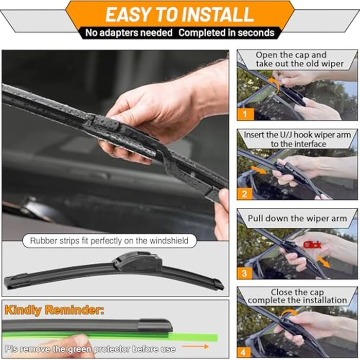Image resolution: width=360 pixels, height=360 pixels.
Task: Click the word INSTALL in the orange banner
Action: (x=218, y=14)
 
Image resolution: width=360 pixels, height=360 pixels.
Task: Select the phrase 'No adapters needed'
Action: (x=129, y=32)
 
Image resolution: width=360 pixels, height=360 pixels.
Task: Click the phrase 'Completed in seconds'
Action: (x=226, y=32)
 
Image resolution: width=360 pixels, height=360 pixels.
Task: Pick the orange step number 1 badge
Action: (x=245, y=114)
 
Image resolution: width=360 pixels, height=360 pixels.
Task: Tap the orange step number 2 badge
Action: (x=245, y=194)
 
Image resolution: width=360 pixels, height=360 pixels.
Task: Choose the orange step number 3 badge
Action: (x=245, y=273)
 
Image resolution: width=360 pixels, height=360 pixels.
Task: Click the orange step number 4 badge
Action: (x=244, y=352)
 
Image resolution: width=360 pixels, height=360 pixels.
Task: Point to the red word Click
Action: (x=312, y=245)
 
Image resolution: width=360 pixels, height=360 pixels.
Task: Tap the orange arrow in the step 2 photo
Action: (x=259, y=170)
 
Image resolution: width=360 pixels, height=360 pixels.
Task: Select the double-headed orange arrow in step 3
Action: (x=323, y=262)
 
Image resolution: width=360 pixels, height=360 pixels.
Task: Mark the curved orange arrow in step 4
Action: (x=289, y=311)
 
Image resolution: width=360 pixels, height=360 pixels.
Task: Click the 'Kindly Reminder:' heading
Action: (x=54, y=310)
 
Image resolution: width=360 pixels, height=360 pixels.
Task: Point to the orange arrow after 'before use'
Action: (x=195, y=347)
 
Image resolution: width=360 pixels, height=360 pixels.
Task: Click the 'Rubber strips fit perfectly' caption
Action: (x=109, y=241)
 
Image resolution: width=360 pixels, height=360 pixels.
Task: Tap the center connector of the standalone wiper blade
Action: (x=137, y=261)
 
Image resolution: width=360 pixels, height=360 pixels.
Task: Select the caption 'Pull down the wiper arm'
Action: (x=297, y=219)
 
